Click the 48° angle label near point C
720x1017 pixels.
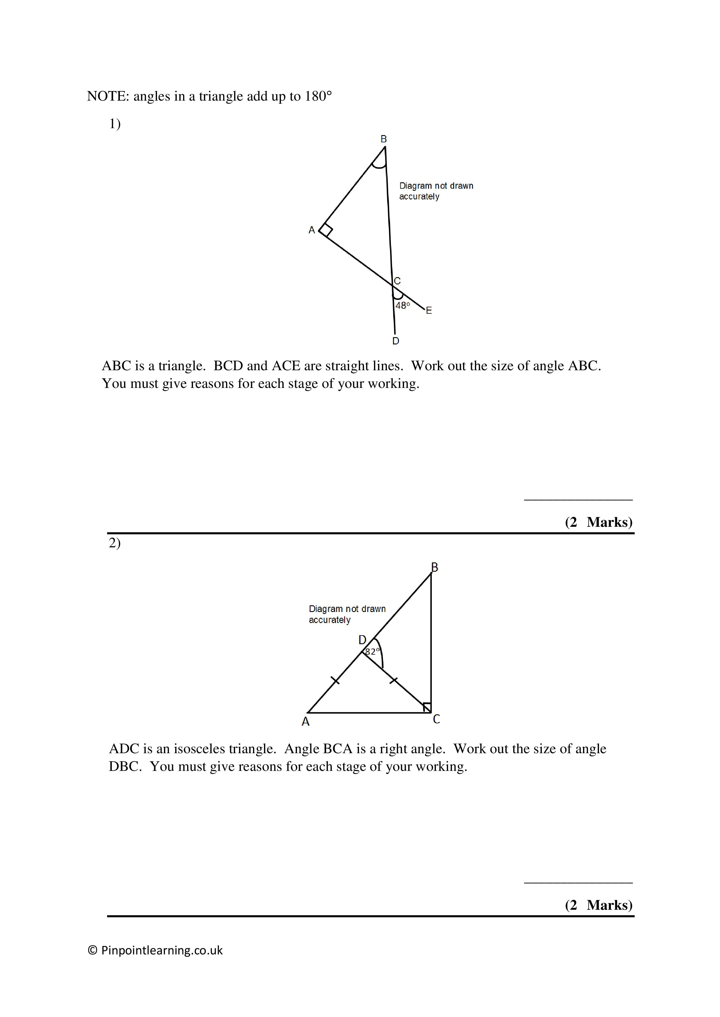pos(402,306)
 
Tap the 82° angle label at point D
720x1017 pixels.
pos(372,652)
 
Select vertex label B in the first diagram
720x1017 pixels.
pos(383,139)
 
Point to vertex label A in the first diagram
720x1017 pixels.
pos(312,230)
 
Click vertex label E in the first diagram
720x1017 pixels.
pos(429,310)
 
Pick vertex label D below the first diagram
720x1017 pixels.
pos(396,341)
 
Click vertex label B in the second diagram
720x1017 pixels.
pos(434,567)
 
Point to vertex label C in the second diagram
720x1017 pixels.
pos(436,719)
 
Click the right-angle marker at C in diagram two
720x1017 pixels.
pos(427,707)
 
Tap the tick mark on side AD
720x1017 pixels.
pos(335,680)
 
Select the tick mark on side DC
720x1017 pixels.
pos(393,680)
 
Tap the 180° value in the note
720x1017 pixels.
pos(318,96)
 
